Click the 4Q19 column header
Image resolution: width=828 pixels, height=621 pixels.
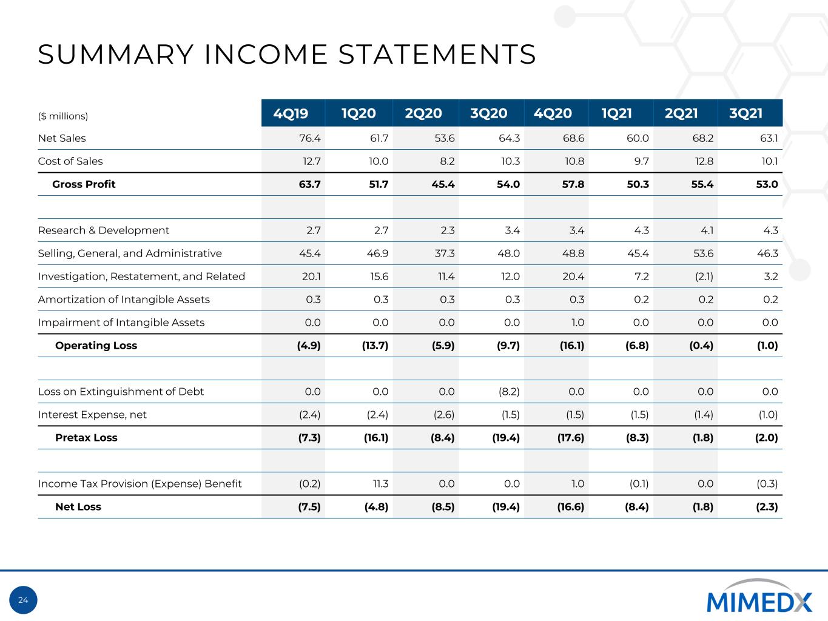point(291,113)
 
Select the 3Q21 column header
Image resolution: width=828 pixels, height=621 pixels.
point(746,113)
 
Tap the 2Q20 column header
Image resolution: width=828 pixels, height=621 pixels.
point(423,113)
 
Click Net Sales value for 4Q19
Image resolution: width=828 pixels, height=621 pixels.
point(310,138)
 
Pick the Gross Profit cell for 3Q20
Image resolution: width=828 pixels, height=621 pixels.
point(508,184)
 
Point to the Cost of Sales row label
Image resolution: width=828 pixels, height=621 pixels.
point(70,161)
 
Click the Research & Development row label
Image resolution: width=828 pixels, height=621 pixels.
point(104,230)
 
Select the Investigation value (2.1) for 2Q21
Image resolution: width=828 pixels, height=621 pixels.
point(704,277)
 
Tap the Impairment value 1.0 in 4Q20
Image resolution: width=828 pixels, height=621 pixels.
point(577,323)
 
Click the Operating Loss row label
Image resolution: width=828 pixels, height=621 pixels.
point(96,346)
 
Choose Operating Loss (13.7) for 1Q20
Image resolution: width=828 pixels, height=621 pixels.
point(375,346)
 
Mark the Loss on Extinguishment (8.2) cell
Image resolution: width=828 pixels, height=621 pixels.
point(509,392)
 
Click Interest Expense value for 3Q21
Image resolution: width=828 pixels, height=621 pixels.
point(768,415)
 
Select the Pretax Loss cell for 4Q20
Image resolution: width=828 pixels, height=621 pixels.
point(571,438)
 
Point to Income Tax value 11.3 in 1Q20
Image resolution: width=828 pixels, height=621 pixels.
point(380,484)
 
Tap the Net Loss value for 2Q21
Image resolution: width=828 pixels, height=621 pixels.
point(703,507)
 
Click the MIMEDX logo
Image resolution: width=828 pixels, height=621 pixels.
point(759,596)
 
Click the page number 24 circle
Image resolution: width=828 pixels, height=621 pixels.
point(23,600)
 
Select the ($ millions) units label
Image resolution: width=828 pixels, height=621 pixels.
point(63,116)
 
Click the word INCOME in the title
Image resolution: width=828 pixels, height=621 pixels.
point(266,55)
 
